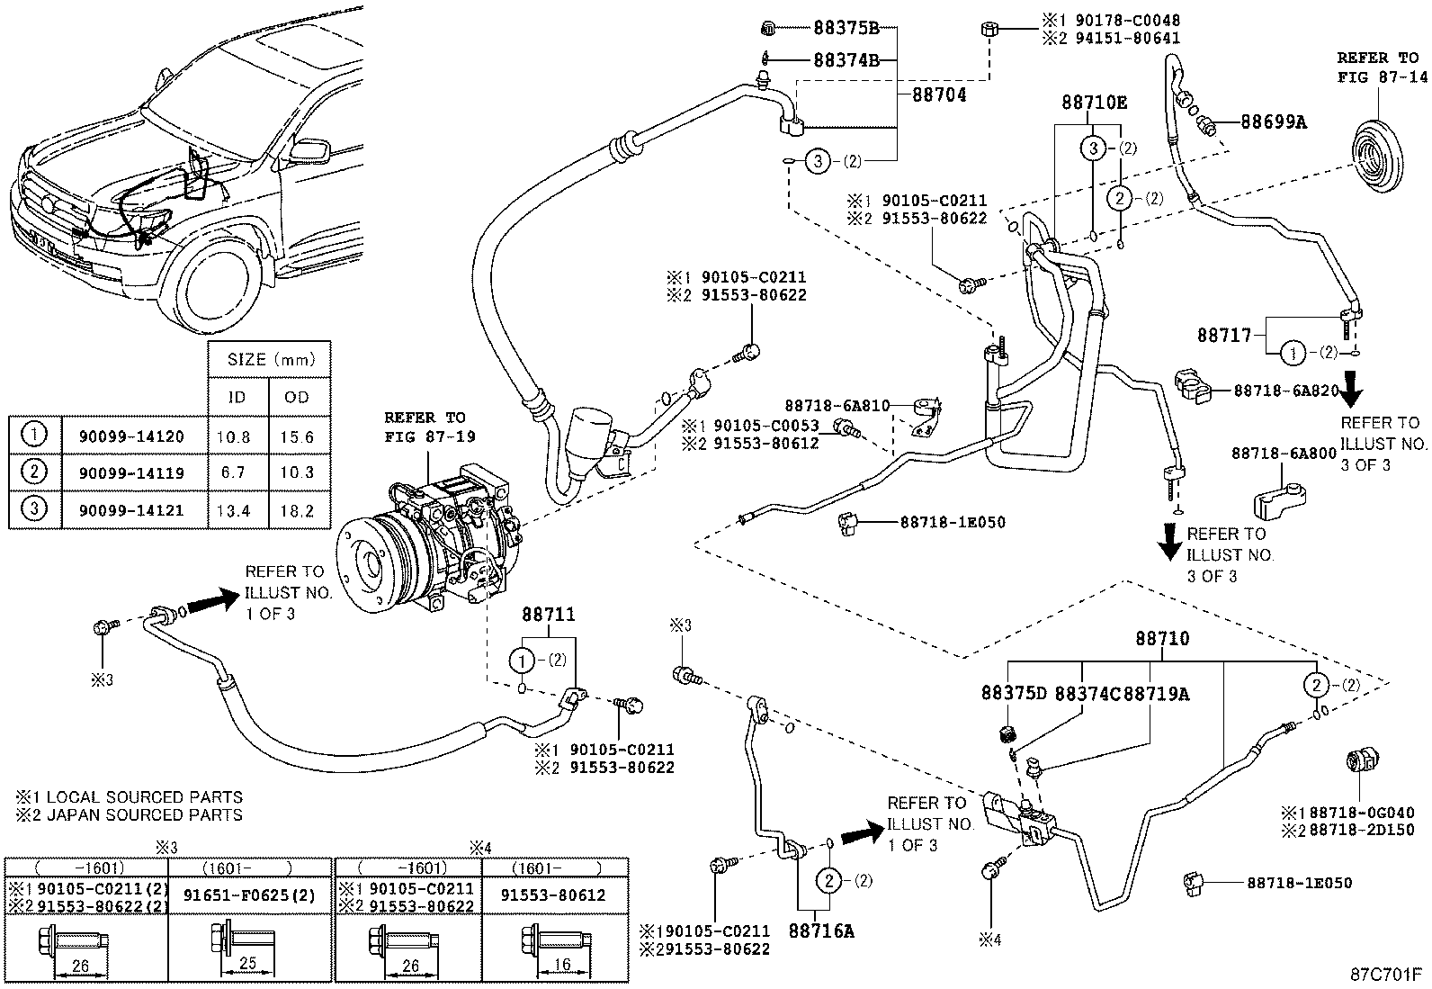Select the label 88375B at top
(846, 28)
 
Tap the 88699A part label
(1273, 121)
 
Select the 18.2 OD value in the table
(297, 510)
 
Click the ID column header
(238, 397)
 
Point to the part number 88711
(548, 615)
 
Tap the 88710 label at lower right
(1162, 639)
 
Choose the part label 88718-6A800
(1284, 454)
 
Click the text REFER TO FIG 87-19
(425, 427)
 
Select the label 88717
(1223, 335)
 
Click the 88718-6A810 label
(837, 406)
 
